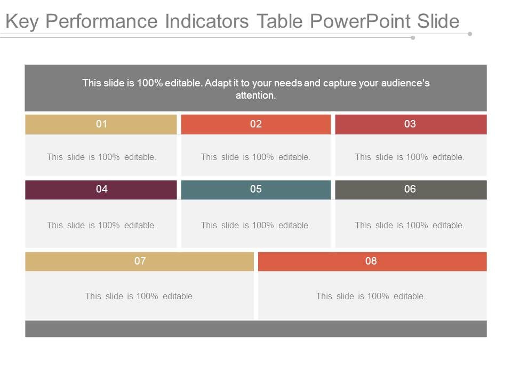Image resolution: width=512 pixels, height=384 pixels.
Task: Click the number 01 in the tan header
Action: click(x=101, y=124)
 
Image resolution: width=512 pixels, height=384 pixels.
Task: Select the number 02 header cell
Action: click(x=256, y=124)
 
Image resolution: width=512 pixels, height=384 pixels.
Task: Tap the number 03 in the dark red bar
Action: click(x=410, y=124)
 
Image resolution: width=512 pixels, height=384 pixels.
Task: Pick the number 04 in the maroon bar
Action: click(x=101, y=189)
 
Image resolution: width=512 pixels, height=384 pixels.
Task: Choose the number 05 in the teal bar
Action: click(x=256, y=189)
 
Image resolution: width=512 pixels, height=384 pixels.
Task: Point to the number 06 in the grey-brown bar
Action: click(x=410, y=189)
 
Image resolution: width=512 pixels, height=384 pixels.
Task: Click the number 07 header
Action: click(x=140, y=261)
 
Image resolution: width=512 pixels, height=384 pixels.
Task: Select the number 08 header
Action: click(x=371, y=261)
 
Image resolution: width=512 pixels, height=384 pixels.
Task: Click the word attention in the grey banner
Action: click(x=255, y=96)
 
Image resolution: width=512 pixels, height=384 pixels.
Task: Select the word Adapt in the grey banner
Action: click(x=218, y=83)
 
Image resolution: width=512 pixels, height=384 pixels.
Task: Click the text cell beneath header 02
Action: click(x=256, y=157)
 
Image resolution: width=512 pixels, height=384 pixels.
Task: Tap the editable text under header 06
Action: click(x=410, y=226)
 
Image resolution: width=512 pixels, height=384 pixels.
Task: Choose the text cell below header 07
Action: click(x=140, y=296)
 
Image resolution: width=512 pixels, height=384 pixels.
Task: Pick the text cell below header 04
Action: click(x=101, y=226)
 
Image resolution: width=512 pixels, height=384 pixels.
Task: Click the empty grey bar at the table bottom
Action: click(x=256, y=329)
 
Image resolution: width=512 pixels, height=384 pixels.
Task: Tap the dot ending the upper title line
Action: click(x=470, y=34)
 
